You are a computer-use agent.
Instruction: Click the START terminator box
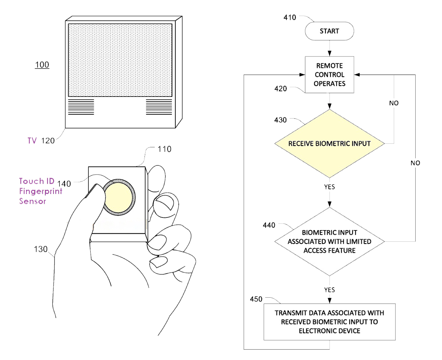coord(329,31)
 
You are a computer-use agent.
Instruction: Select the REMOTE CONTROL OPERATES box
coord(329,75)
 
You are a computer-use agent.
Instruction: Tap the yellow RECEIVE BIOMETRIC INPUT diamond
coord(329,143)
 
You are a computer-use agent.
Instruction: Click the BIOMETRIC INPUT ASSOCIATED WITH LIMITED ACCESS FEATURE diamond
coord(329,242)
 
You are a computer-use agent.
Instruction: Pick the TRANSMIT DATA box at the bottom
coord(329,321)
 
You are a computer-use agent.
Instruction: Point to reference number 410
coord(289,17)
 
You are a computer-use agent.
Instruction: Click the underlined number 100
coord(42,65)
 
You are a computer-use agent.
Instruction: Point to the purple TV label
coord(32,141)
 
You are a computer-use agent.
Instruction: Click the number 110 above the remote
coord(164,149)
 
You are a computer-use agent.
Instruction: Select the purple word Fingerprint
coord(41,192)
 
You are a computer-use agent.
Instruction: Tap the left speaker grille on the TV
coord(81,107)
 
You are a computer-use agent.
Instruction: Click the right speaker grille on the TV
coord(159,107)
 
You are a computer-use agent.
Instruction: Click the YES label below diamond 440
coord(329,289)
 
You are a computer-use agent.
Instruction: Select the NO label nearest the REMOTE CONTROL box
coord(394,103)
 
